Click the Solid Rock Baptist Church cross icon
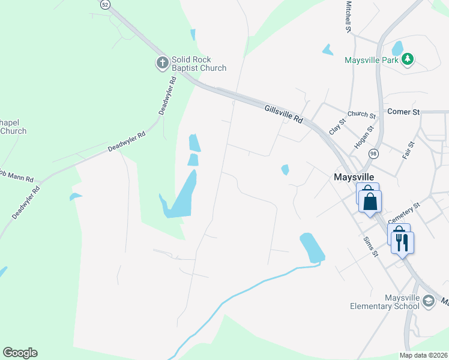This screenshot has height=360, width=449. (162, 63)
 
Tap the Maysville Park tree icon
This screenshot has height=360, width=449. (408, 59)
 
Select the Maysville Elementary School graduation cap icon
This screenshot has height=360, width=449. (428, 300)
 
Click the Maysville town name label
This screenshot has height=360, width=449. (354, 177)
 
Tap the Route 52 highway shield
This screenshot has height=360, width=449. (106, 4)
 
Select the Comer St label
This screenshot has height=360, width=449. (403, 112)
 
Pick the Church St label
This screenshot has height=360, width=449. (361, 114)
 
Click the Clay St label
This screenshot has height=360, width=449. (338, 127)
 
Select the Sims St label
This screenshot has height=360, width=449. (370, 246)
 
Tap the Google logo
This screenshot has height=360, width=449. (20, 353)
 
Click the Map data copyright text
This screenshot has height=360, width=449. (423, 355)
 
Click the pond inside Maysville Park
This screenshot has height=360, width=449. (397, 47)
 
